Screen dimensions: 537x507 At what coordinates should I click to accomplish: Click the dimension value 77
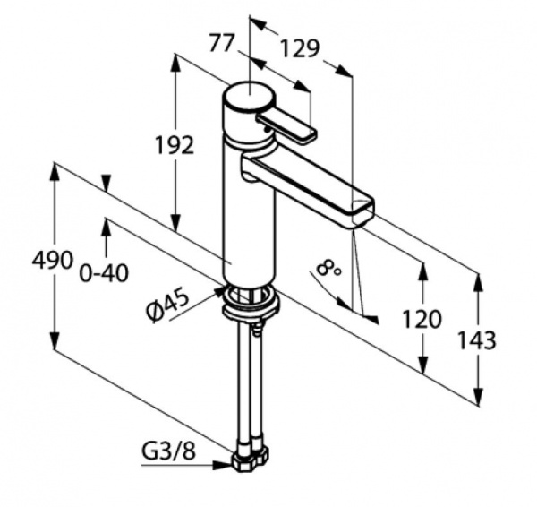point(221,43)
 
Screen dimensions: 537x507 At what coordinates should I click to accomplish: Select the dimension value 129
point(300,48)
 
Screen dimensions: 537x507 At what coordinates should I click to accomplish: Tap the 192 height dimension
point(175,144)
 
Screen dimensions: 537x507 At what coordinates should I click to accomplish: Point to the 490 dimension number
point(53,260)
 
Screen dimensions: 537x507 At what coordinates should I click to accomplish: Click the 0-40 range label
point(104,273)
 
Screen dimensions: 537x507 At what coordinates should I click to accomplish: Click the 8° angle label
point(328,268)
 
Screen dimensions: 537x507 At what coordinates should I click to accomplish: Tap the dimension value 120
point(422,319)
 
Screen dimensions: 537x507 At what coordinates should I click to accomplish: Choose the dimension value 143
point(477,340)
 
